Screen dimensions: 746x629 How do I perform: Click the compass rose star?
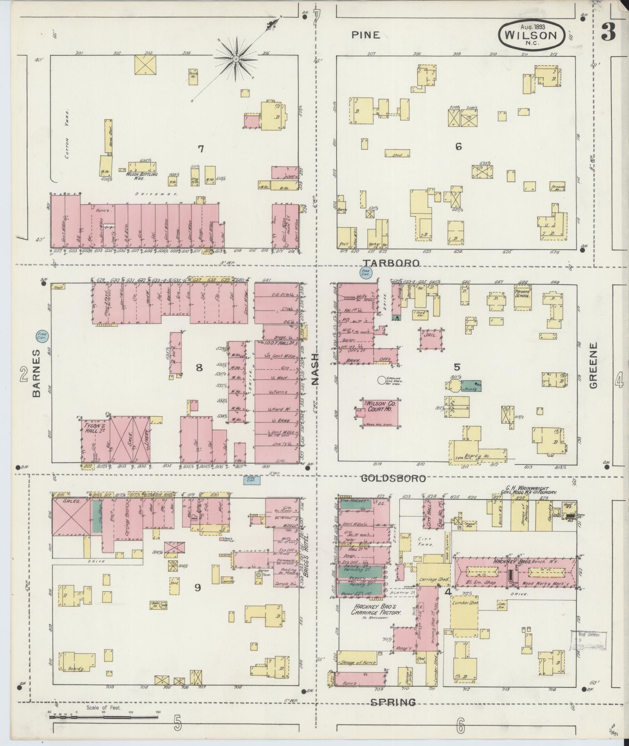pyautogui.click(x=236, y=59)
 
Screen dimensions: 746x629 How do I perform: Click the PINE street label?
pyautogui.click(x=365, y=35)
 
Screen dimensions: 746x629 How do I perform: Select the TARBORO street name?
pyautogui.click(x=391, y=263)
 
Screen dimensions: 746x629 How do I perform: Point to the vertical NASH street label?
pyautogui.click(x=315, y=369)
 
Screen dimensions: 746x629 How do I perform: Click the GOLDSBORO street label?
pyautogui.click(x=393, y=478)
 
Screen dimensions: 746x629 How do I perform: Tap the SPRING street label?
pyautogui.click(x=392, y=702)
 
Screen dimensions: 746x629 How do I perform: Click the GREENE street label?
pyautogui.click(x=594, y=365)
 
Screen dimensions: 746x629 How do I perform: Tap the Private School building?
pyautogui.click(x=523, y=299)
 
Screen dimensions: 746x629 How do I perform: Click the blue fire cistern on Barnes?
pyautogui.click(x=42, y=336)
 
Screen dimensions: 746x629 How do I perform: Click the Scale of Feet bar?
pyautogui.click(x=105, y=714)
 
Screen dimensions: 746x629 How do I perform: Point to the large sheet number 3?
pyautogui.click(x=608, y=32)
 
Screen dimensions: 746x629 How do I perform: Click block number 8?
pyautogui.click(x=199, y=367)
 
